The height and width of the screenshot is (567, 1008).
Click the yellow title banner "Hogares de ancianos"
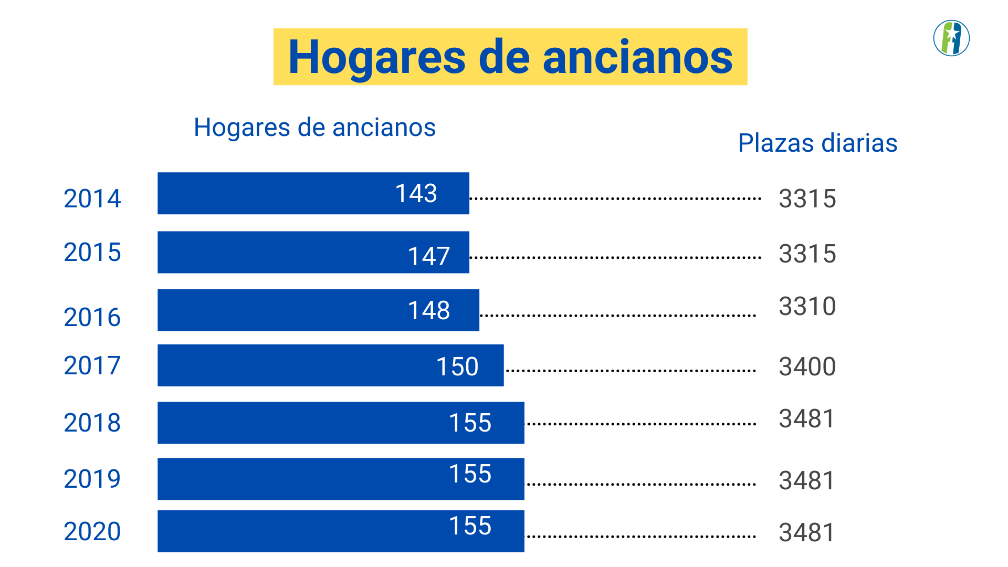510,57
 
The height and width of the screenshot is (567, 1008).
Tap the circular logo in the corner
951,38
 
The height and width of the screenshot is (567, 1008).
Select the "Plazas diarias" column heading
817,143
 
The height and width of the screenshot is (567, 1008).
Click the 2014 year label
92,198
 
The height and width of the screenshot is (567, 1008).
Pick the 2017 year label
92,365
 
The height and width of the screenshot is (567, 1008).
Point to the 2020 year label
92,531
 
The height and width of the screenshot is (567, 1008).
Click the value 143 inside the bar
416,193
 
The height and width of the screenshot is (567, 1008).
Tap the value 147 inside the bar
428,256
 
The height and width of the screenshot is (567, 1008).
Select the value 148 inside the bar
428,310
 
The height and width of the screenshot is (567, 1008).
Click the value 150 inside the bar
457,366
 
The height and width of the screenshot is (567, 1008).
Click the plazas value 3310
807,306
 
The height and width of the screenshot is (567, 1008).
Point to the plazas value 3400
807,366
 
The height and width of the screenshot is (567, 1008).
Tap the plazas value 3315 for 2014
807,198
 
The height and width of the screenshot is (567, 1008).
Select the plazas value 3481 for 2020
807,532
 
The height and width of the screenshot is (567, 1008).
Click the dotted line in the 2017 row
630,371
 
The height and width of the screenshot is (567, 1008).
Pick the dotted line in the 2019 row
640,484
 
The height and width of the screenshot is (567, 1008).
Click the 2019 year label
92,479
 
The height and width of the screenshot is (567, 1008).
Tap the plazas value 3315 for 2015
807,254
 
